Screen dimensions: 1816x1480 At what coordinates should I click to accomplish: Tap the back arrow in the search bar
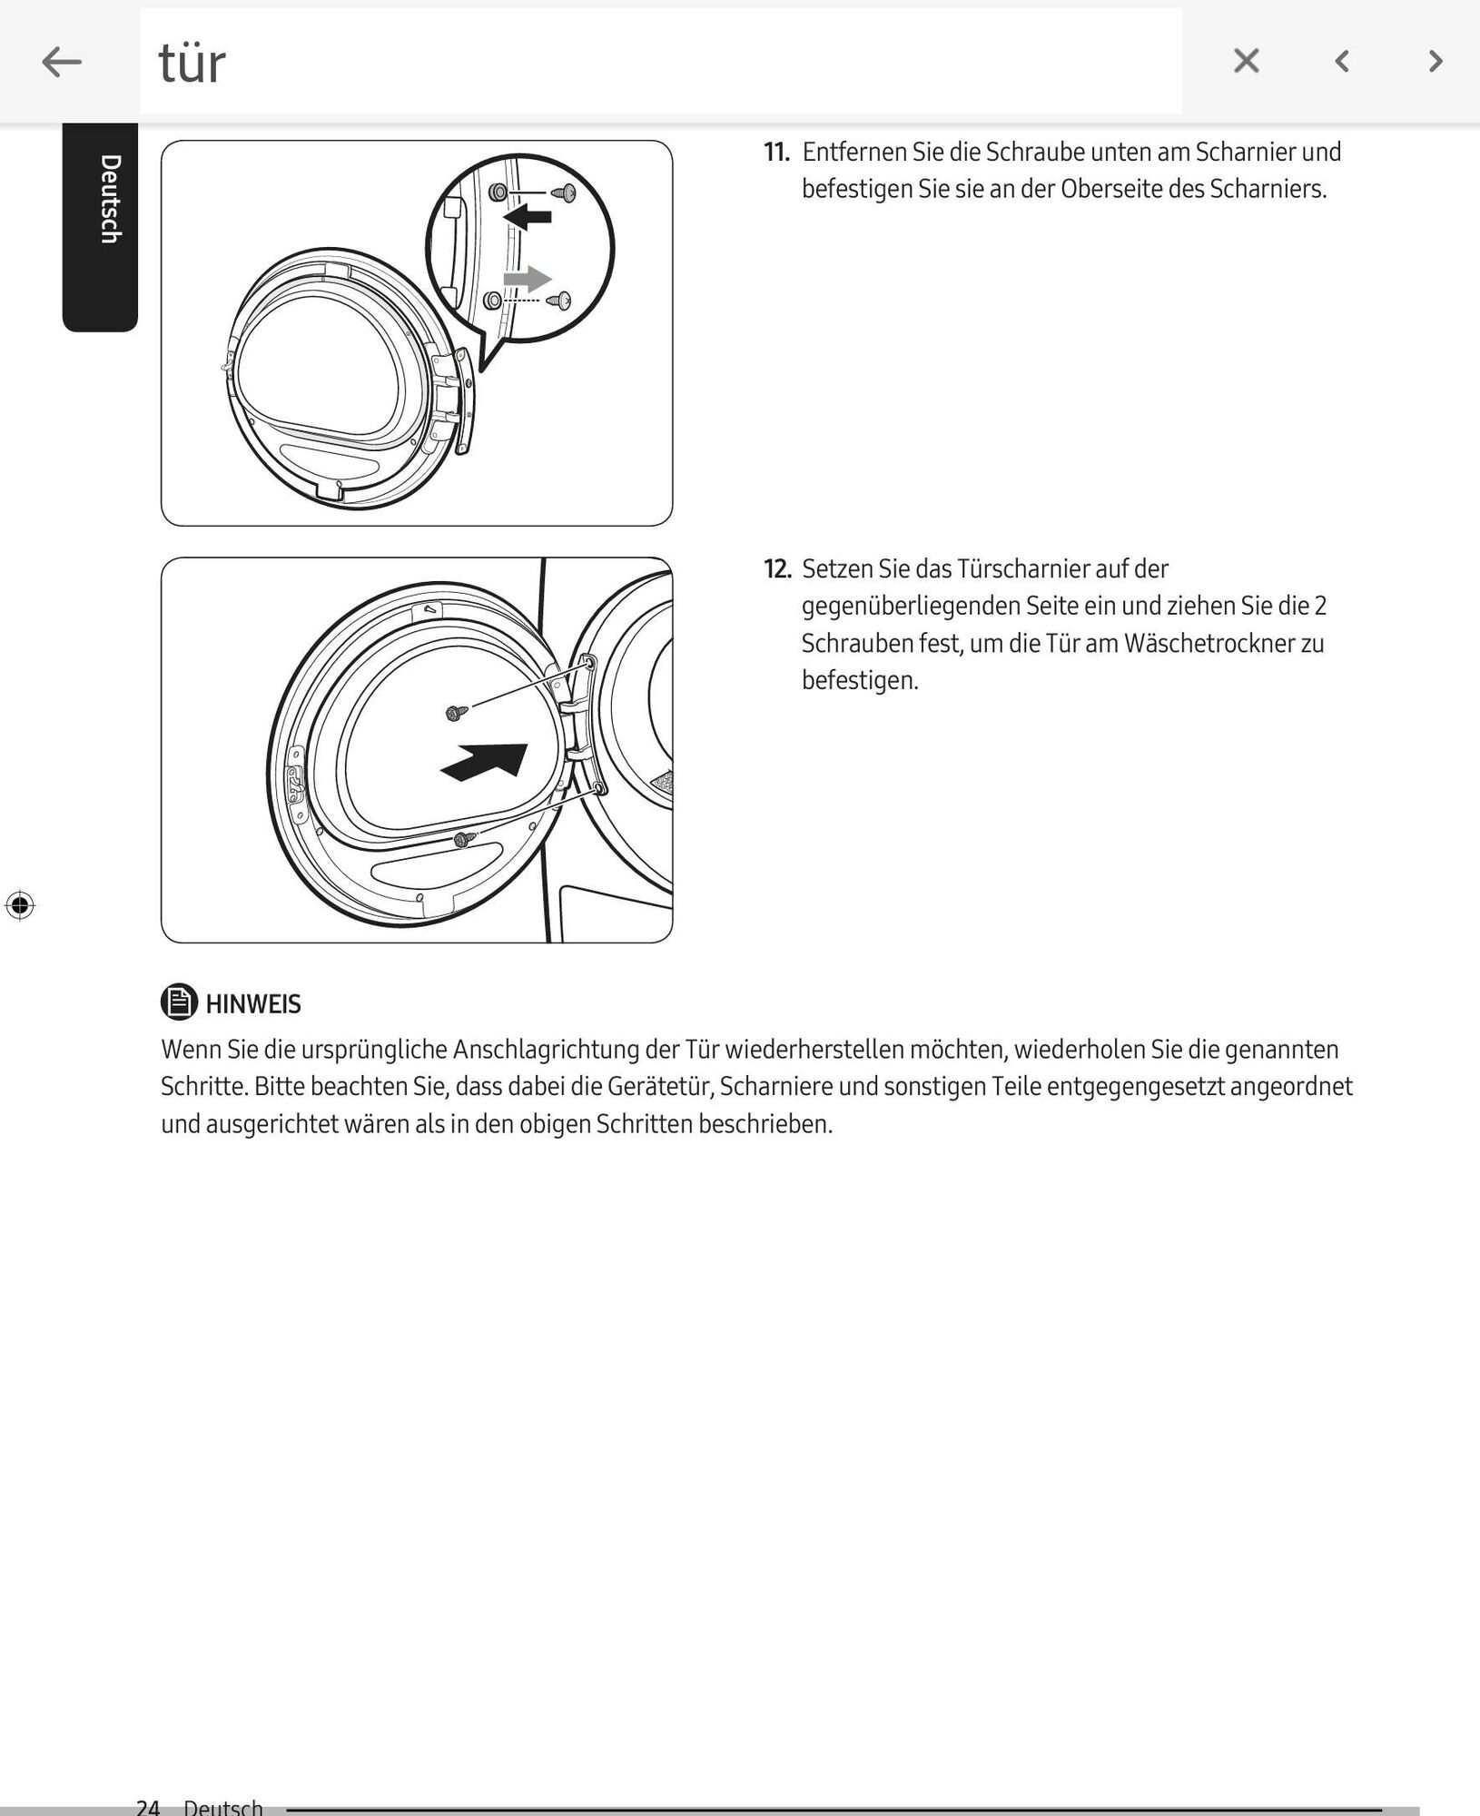click(62, 62)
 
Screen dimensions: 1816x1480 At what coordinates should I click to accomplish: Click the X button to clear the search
click(1246, 61)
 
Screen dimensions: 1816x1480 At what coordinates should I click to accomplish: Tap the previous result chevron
click(1341, 61)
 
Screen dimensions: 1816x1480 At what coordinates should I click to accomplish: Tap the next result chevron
click(1436, 61)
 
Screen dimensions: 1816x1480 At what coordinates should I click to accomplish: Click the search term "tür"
click(192, 64)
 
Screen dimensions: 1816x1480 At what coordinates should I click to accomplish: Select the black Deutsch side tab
click(101, 227)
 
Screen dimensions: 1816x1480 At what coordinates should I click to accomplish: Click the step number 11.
click(776, 152)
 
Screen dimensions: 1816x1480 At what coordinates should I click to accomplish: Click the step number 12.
click(777, 569)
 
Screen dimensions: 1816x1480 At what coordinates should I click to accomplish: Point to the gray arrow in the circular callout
click(527, 278)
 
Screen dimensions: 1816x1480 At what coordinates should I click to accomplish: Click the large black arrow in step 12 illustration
click(486, 761)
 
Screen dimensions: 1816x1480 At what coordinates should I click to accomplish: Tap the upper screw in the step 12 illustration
click(457, 713)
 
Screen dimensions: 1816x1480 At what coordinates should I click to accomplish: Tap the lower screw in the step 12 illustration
click(465, 840)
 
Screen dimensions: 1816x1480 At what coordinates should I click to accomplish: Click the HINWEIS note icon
click(179, 1002)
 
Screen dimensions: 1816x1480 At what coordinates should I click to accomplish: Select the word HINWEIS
click(253, 1004)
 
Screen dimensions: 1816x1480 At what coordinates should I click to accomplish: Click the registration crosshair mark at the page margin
click(20, 905)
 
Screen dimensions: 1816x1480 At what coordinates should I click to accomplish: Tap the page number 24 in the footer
click(148, 1806)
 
